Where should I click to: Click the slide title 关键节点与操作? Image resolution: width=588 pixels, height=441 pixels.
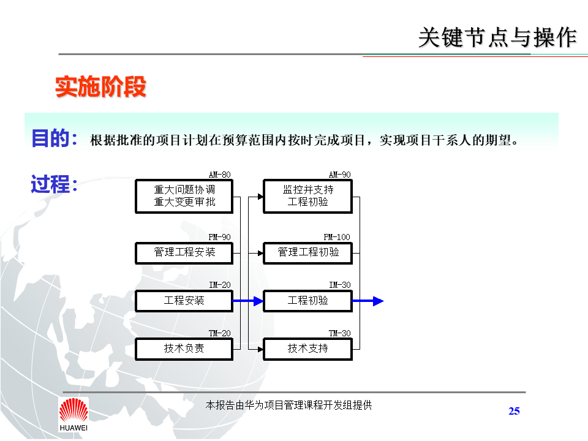coord(497,37)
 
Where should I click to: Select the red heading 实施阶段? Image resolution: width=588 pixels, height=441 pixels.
coord(101,87)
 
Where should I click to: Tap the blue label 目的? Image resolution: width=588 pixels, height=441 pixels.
coord(55,138)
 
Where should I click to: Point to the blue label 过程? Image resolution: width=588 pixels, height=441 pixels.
coord(55,184)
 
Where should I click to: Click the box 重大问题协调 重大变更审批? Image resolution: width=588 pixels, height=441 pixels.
coord(184,196)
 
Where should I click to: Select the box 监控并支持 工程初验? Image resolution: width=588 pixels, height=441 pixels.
coord(307,196)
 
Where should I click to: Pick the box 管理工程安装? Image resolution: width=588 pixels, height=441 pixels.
coord(184,252)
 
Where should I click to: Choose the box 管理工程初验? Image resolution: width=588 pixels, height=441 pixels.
coord(307,252)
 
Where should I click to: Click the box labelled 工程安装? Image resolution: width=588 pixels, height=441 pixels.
coord(184,301)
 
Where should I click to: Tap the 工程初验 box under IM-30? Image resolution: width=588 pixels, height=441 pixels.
coord(307,301)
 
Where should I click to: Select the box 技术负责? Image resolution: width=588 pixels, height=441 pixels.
coord(184,349)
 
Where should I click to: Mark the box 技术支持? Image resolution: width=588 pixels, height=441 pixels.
coord(307,349)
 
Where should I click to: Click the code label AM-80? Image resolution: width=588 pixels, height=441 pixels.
coord(219,175)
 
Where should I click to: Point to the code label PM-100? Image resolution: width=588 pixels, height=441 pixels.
coord(337,237)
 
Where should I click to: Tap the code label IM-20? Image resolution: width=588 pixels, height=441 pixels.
coord(219,285)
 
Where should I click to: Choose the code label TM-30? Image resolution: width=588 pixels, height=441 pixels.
coord(339,333)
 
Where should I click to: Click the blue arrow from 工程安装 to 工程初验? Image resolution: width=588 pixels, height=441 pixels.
coord(248,301)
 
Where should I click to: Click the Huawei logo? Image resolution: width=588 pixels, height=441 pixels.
coord(73,414)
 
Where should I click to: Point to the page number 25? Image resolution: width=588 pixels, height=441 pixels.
coord(514,411)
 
